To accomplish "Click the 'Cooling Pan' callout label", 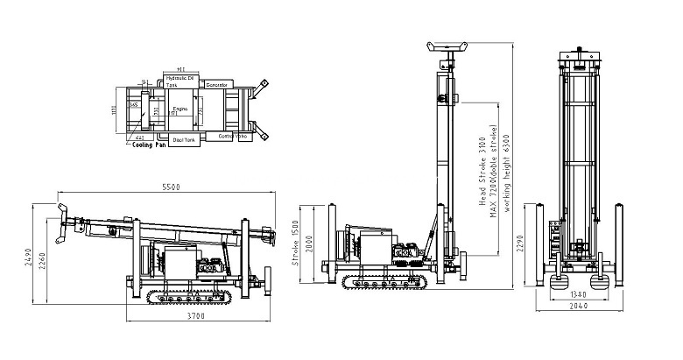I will click(149, 146).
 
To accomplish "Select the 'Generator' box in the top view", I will click(217, 84).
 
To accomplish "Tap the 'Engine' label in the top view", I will click(181, 108).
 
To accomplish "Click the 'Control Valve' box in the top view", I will click(233, 137).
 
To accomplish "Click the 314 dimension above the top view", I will click(181, 67).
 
